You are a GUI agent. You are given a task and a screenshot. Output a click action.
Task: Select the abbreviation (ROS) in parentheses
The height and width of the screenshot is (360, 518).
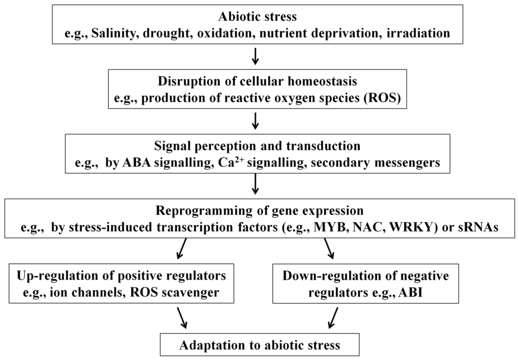[385, 99]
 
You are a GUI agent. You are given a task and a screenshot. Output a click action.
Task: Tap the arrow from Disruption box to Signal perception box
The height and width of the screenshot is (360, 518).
[256, 121]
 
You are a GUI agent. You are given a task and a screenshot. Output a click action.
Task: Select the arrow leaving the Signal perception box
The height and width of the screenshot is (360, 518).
[256, 185]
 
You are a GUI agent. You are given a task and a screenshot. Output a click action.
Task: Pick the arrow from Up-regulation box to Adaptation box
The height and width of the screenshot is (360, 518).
[180, 318]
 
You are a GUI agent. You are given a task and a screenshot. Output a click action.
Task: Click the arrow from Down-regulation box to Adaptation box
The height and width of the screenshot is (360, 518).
[333, 318]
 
